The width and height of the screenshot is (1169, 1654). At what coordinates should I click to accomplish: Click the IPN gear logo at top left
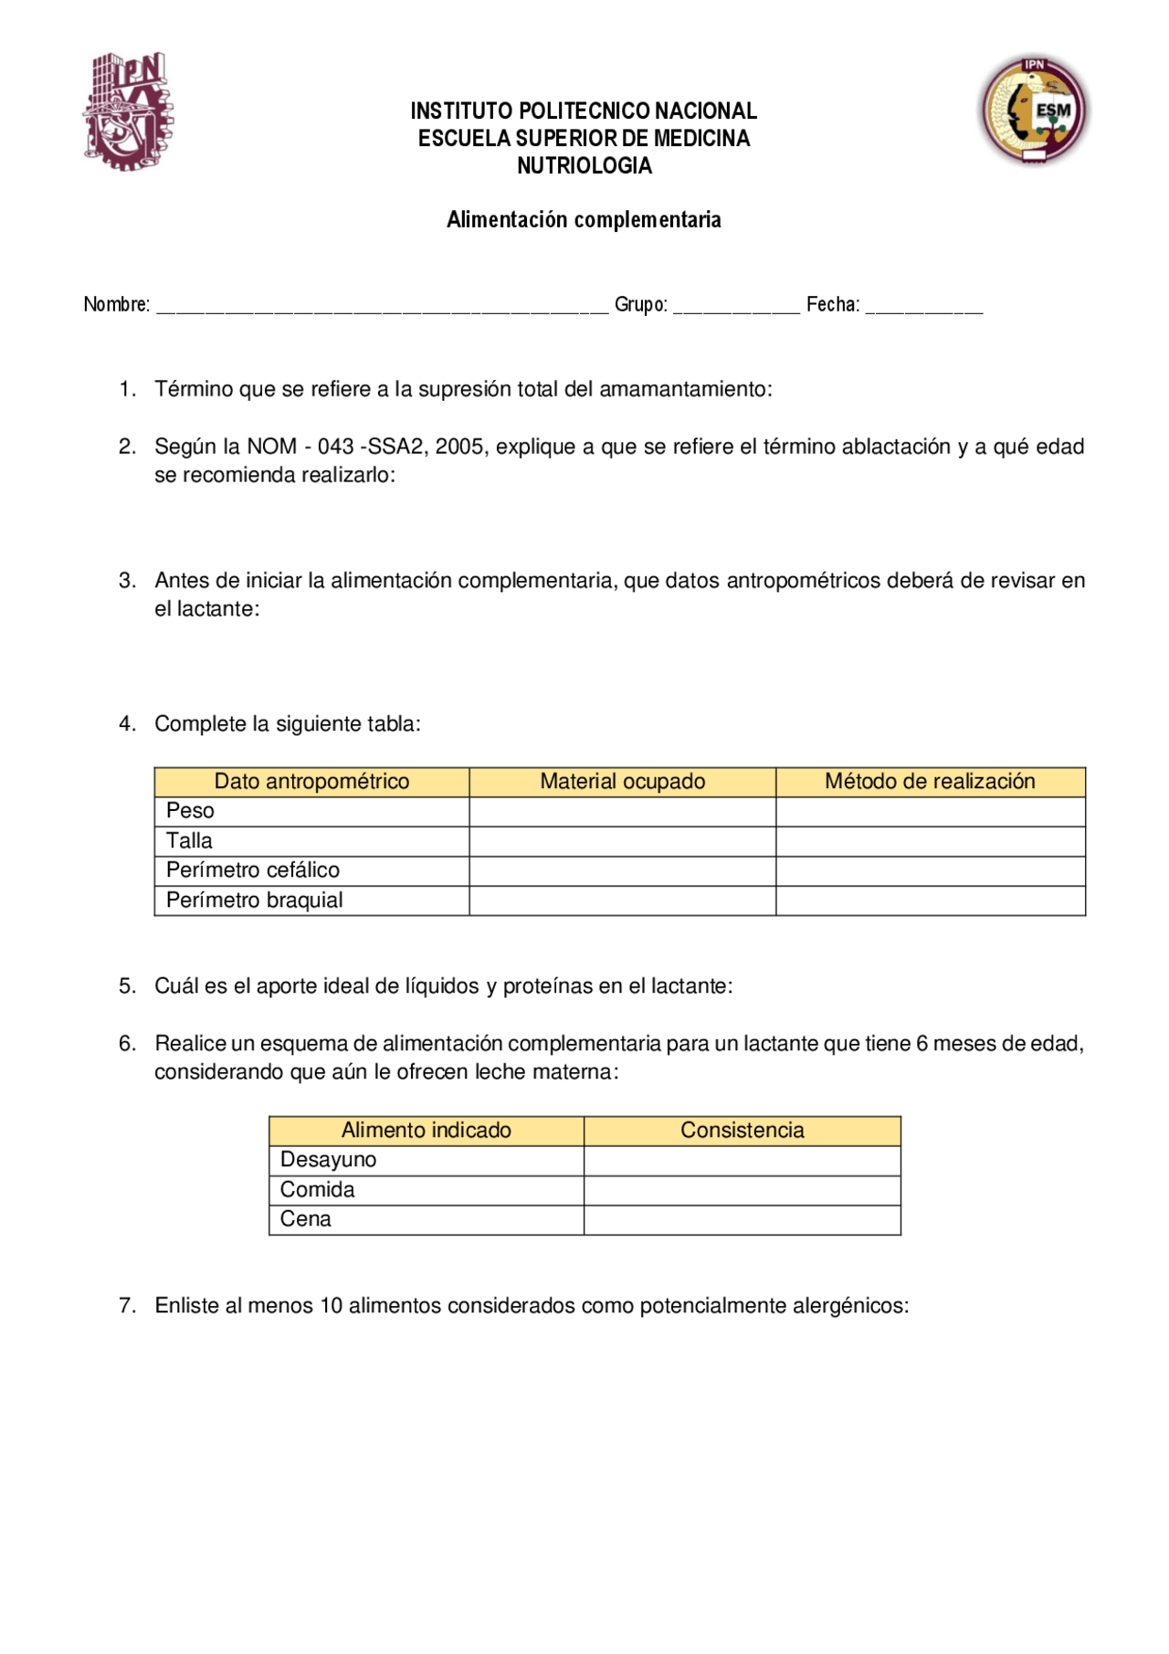128,111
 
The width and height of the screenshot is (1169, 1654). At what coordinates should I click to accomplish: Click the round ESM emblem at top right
1034,110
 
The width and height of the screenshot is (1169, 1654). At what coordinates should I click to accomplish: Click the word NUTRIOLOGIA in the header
584,166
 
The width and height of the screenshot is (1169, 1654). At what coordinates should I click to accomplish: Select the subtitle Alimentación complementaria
584,220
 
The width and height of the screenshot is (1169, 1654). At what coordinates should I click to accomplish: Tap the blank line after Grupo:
736,307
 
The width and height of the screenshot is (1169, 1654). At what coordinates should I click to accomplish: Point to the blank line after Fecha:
923,307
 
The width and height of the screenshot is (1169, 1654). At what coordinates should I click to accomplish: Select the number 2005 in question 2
459,448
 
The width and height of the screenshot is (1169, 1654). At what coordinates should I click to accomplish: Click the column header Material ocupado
622,782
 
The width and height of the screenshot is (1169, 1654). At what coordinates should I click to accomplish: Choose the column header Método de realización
930,782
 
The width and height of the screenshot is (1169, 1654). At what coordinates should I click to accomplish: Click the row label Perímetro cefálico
253,870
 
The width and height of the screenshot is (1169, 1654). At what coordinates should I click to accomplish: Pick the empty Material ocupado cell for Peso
622,812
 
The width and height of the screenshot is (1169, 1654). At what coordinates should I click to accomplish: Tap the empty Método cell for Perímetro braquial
930,901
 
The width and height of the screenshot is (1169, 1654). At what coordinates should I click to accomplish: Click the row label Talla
189,841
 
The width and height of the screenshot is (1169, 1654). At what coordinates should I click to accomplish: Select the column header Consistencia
742,1131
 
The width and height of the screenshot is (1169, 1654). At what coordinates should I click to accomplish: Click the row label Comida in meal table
317,1190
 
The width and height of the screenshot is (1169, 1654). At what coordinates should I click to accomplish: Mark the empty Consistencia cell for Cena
742,1220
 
